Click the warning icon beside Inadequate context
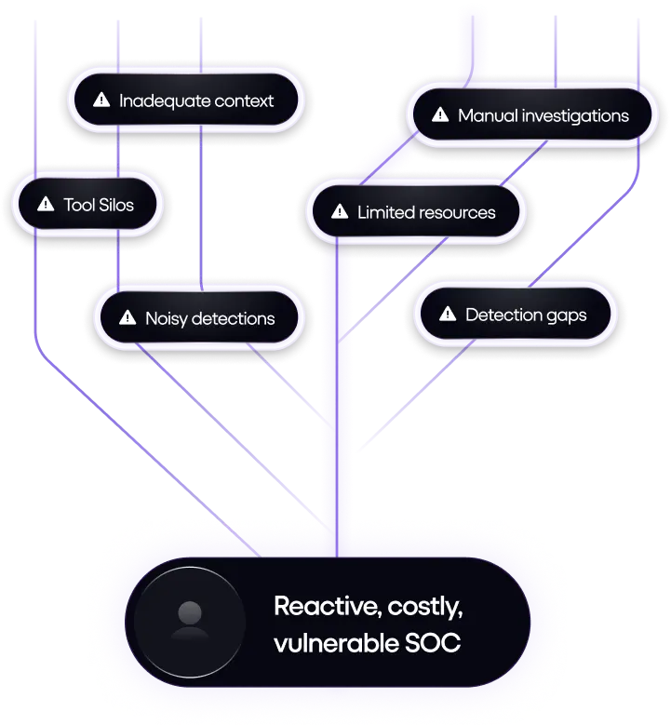click(103, 100)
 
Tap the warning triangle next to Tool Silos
click(45, 205)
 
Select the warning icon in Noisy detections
click(128, 318)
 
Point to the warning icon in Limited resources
click(339, 212)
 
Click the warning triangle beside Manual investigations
click(440, 116)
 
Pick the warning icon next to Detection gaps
click(448, 315)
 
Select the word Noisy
click(167, 318)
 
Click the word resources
click(456, 212)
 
